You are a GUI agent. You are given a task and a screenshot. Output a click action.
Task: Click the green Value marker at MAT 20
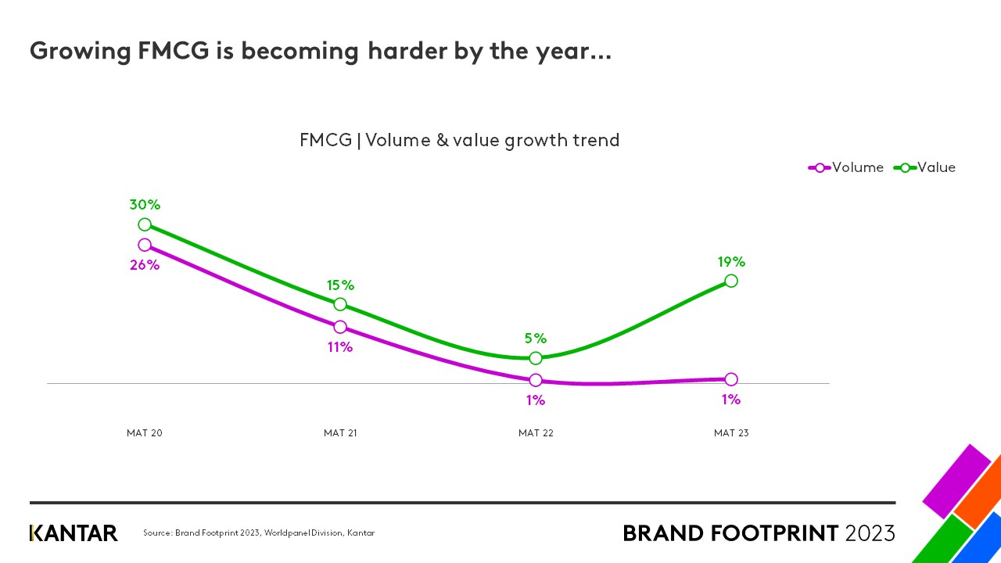tap(145, 224)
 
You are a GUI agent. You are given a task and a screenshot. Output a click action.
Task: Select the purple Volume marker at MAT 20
tap(145, 245)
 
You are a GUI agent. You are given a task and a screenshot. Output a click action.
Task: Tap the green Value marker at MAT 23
tap(731, 280)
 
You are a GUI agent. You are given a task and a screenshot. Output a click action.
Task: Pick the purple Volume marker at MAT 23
tap(731, 379)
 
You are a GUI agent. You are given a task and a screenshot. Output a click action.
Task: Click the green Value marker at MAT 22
tap(536, 358)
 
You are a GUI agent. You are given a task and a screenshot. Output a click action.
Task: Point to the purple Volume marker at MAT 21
tap(340, 327)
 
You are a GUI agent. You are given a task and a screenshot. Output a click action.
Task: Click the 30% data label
tap(145, 205)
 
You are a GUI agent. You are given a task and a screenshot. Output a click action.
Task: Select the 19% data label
tap(731, 262)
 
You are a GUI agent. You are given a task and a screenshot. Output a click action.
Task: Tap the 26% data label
tap(145, 265)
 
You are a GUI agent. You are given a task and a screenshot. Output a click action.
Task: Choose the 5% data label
tap(536, 339)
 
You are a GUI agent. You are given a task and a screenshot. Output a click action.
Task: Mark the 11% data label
tap(340, 347)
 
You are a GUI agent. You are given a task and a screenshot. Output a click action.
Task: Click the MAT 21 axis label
tap(340, 433)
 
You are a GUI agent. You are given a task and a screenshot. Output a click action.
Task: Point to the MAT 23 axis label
tap(731, 433)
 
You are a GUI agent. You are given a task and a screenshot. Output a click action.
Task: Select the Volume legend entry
tap(846, 167)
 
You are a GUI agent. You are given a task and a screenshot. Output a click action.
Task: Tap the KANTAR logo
tap(74, 533)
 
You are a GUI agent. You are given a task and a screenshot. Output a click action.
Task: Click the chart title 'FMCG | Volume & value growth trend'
tap(459, 141)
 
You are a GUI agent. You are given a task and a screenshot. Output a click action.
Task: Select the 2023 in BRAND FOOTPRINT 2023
tap(870, 533)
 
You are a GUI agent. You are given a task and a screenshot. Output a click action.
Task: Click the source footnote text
tap(259, 533)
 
